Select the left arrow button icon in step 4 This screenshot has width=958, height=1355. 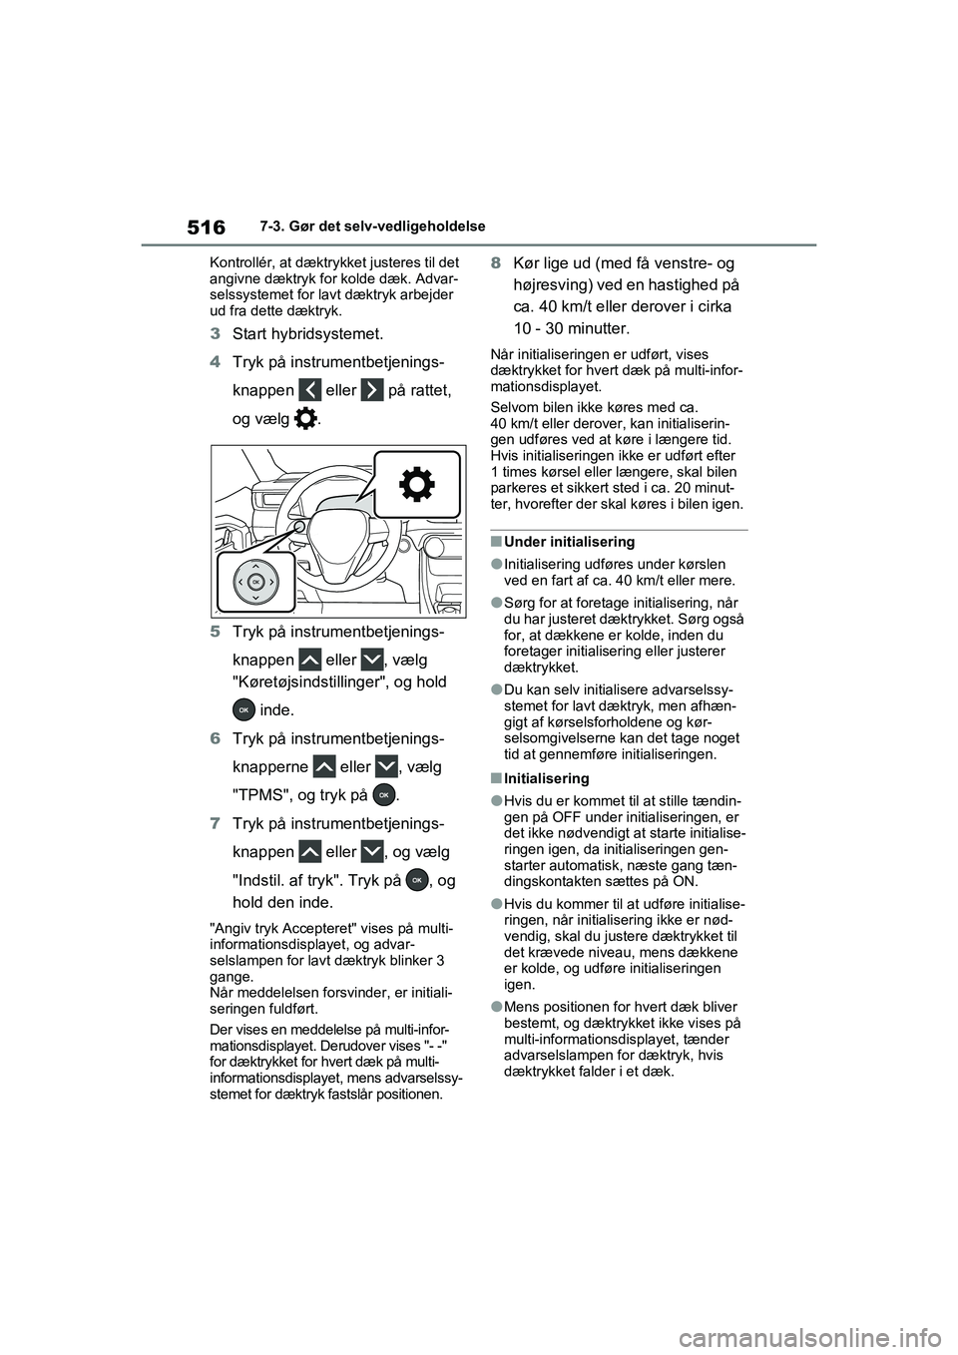coord(309,390)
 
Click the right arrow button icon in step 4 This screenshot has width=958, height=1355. coord(371,390)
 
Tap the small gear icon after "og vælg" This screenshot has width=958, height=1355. coord(307,420)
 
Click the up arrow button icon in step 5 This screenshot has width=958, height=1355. coord(309,660)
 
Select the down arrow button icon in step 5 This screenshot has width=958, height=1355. coord(371,660)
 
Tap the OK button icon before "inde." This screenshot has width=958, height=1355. coord(242,710)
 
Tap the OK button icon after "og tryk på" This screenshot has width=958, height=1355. coord(383,795)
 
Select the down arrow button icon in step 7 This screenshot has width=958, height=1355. coord(371,852)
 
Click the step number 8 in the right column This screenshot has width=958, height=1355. coord(496,263)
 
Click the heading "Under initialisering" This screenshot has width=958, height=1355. coord(569,542)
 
